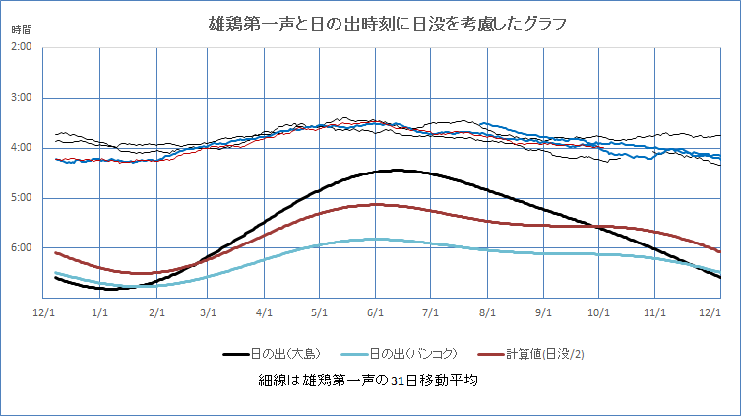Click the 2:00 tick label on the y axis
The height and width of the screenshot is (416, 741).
coord(21,47)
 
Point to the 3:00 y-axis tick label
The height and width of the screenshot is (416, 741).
coord(21,98)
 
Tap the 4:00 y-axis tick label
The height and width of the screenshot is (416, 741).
coord(21,148)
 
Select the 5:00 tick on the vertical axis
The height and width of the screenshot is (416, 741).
coord(21,198)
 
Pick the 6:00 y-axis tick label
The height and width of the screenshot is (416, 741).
coord(21,248)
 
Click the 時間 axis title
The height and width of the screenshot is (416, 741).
coord(23,29)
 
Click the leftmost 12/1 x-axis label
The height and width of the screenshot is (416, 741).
coord(44,311)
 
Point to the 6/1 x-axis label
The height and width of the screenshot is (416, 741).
coord(374,311)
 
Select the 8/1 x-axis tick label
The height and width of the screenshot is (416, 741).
coord(486,311)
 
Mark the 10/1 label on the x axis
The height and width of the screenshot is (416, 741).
coord(598,311)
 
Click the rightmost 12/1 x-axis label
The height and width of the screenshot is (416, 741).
coord(709,311)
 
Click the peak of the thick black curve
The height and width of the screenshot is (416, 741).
coord(397,171)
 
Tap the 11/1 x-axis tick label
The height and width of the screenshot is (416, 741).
coord(654,311)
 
